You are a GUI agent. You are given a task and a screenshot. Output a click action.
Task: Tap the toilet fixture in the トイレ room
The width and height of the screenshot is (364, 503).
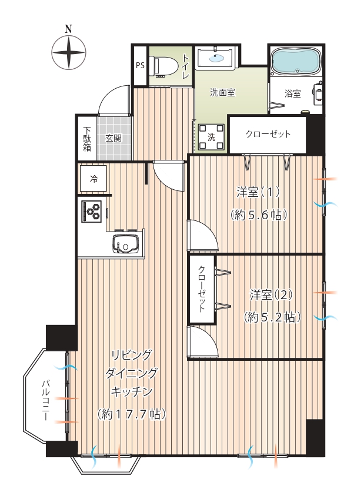click(x=166, y=67)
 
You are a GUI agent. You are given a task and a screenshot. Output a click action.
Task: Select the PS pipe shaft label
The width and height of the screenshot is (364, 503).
click(x=141, y=65)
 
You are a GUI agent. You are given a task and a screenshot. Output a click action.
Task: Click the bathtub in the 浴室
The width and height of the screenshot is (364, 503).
click(x=296, y=61)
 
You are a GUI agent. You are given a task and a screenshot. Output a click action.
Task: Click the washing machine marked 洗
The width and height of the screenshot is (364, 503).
click(x=211, y=137)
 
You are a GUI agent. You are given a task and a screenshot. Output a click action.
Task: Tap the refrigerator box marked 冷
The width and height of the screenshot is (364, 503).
click(x=93, y=179)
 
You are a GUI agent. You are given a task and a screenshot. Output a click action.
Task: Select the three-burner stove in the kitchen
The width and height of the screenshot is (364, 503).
click(x=92, y=211)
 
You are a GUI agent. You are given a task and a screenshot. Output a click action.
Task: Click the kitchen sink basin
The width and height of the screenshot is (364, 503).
click(x=125, y=244)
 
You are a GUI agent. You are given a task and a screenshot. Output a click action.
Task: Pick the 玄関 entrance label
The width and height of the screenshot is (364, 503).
click(x=114, y=139)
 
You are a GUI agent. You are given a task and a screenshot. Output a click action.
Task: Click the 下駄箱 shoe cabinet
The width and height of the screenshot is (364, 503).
click(x=87, y=139)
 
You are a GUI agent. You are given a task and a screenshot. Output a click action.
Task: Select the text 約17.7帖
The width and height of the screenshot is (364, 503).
click(x=132, y=414)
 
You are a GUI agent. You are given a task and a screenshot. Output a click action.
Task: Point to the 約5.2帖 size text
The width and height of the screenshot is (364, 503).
click(x=273, y=317)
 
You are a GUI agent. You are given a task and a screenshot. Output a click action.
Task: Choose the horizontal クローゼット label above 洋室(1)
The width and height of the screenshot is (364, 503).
click(x=268, y=134)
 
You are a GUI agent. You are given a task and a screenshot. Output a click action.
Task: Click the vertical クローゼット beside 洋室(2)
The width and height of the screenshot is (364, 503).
click(x=202, y=289)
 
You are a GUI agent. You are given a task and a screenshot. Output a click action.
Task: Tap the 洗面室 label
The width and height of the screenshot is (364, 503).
click(x=222, y=93)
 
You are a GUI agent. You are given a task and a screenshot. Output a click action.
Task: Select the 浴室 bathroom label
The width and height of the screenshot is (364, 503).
click(x=293, y=93)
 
